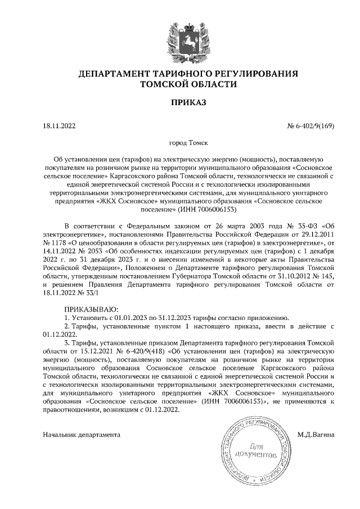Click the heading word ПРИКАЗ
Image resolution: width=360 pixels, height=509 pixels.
coord(179,102)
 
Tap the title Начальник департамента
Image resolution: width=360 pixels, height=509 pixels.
coord(81,435)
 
